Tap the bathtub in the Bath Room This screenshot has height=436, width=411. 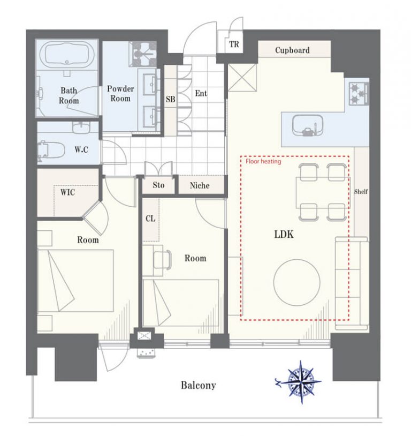click(67, 54)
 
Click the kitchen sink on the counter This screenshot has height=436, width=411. click(308, 126)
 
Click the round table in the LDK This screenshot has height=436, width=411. click(297, 282)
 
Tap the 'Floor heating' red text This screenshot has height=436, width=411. click(263, 162)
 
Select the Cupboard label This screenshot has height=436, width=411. click(292, 50)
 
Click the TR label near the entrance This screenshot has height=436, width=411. click(234, 44)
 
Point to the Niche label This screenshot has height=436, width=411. click(200, 185)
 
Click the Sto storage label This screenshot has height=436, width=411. click(158, 185)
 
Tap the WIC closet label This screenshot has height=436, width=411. click(67, 192)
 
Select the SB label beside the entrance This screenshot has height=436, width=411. click(170, 99)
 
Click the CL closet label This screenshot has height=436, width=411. click(150, 219)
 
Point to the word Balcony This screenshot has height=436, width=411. click(199, 386)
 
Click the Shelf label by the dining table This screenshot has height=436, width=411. click(361, 191)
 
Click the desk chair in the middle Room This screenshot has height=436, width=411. click(162, 260)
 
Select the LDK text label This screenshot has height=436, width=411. click(284, 235)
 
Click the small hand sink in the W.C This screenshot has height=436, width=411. click(81, 128)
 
